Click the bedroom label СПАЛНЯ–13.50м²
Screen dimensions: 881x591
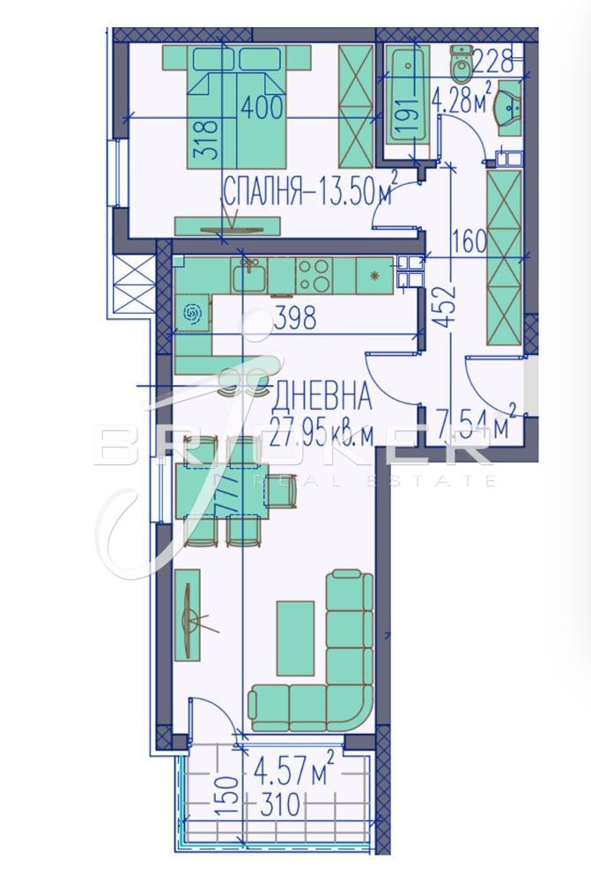click(x=308, y=192)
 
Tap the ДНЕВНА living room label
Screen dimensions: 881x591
click(x=322, y=397)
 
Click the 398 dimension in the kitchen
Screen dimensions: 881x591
click(x=294, y=318)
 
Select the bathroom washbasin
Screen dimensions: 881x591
click(x=508, y=107)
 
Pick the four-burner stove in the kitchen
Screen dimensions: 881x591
click(x=314, y=274)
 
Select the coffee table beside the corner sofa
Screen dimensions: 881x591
click(x=295, y=638)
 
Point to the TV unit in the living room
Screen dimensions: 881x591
click(x=188, y=613)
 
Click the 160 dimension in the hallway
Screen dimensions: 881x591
click(x=469, y=242)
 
